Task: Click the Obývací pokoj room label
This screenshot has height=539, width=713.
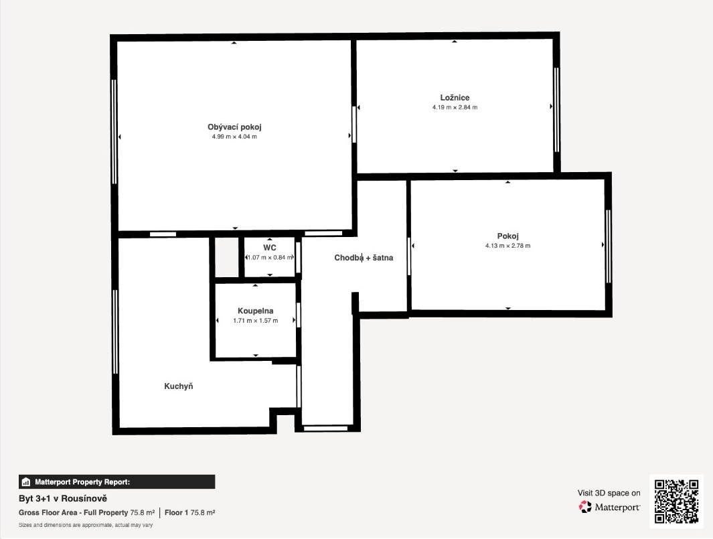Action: point(234,127)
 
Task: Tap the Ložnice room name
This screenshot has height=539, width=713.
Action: point(455,97)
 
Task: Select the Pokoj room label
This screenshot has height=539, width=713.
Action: point(508,236)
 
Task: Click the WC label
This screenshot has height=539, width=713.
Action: point(270,248)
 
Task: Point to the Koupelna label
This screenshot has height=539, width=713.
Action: point(256,311)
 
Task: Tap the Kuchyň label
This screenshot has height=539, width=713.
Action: point(179,386)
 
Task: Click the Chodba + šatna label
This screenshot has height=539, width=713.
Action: point(364,257)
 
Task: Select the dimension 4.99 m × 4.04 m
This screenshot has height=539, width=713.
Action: point(234,137)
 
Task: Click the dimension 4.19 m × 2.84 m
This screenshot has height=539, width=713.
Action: point(455,107)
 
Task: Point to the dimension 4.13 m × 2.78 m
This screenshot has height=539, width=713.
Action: point(508,246)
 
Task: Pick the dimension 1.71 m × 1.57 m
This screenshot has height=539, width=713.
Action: point(256,321)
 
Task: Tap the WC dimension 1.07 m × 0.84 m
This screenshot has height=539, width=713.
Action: point(270,257)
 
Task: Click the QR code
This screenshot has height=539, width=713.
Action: point(676,502)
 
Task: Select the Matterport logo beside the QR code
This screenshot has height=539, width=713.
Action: point(609,507)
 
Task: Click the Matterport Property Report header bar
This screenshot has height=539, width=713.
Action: point(117,481)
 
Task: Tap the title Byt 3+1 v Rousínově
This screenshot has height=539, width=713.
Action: point(63,499)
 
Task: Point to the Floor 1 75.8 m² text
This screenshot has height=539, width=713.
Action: point(189,513)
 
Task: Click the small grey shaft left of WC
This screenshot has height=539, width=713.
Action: point(226,257)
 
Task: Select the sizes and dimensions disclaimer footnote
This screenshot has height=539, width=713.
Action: point(86,525)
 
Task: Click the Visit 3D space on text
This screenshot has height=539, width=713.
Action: point(609,493)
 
